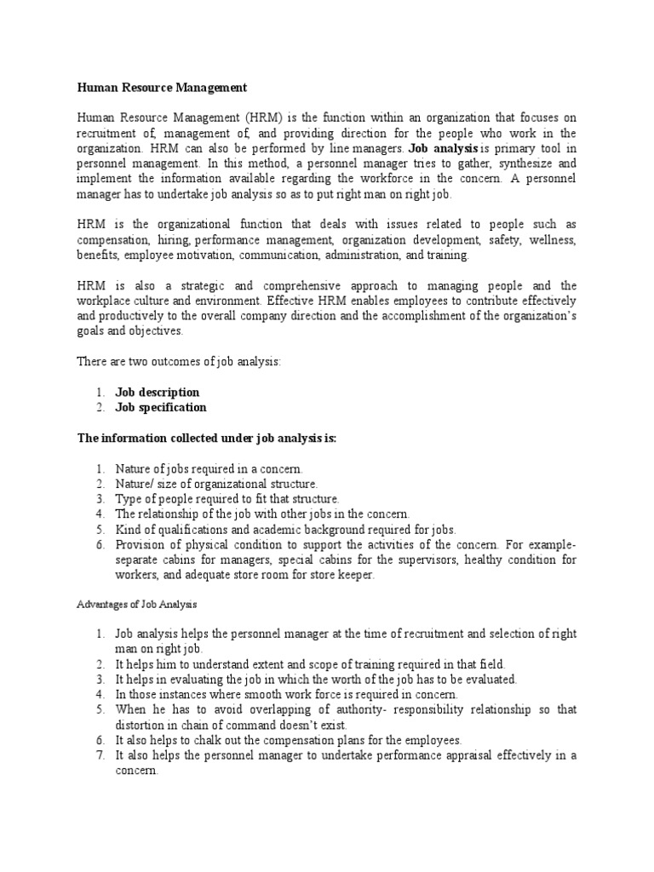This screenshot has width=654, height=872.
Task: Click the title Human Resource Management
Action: coord(162,88)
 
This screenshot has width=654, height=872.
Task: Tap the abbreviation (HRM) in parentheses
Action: coord(248,117)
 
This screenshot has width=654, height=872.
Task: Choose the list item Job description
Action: coord(158,393)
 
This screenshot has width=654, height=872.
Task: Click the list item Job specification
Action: coord(161,408)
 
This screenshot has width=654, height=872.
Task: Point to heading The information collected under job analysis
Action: coord(207,439)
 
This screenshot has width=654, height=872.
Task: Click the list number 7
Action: coord(99,755)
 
